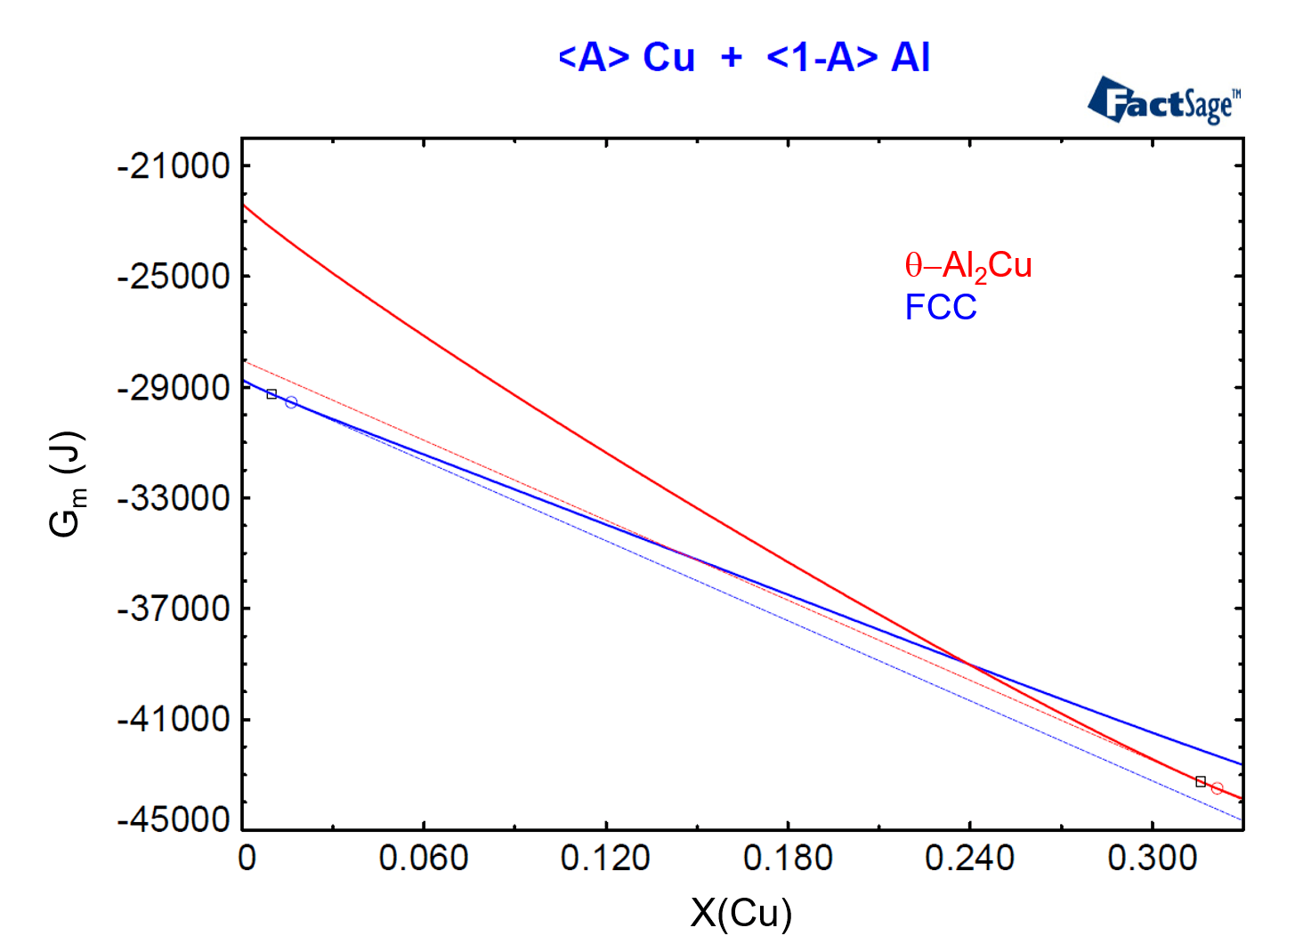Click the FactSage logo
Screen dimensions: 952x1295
click(1163, 101)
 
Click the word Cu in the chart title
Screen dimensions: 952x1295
click(668, 58)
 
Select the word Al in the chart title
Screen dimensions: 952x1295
click(910, 58)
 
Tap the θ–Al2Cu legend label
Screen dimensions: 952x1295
click(967, 266)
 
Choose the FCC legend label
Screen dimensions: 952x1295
click(940, 308)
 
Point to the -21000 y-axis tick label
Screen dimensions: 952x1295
click(174, 165)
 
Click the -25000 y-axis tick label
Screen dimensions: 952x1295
click(174, 277)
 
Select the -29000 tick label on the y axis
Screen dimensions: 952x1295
click(174, 388)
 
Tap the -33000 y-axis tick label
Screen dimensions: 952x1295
click(174, 498)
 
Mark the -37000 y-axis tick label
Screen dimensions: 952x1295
click(174, 609)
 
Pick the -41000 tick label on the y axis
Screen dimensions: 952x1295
click(174, 719)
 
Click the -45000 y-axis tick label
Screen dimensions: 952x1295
click(174, 819)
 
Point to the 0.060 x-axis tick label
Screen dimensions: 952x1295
click(424, 859)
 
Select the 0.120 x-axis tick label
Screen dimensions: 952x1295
click(605, 859)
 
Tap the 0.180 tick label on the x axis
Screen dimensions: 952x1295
click(788, 859)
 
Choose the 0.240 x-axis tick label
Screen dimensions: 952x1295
click(969, 859)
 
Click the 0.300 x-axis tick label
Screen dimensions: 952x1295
click(1152, 859)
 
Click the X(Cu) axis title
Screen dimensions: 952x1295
click(741, 914)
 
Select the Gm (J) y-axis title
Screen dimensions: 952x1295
click(68, 485)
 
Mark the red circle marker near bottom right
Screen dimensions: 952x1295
click(1217, 788)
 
